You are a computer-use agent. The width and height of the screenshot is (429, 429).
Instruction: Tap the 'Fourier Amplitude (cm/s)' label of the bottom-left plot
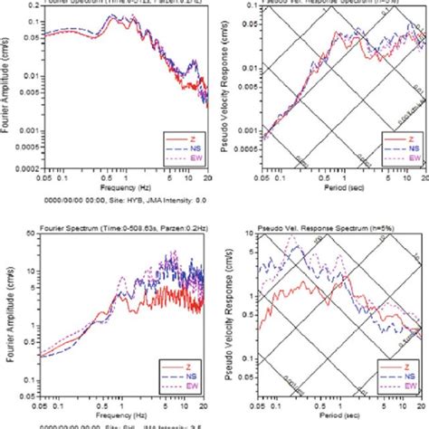(x=8, y=317)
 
